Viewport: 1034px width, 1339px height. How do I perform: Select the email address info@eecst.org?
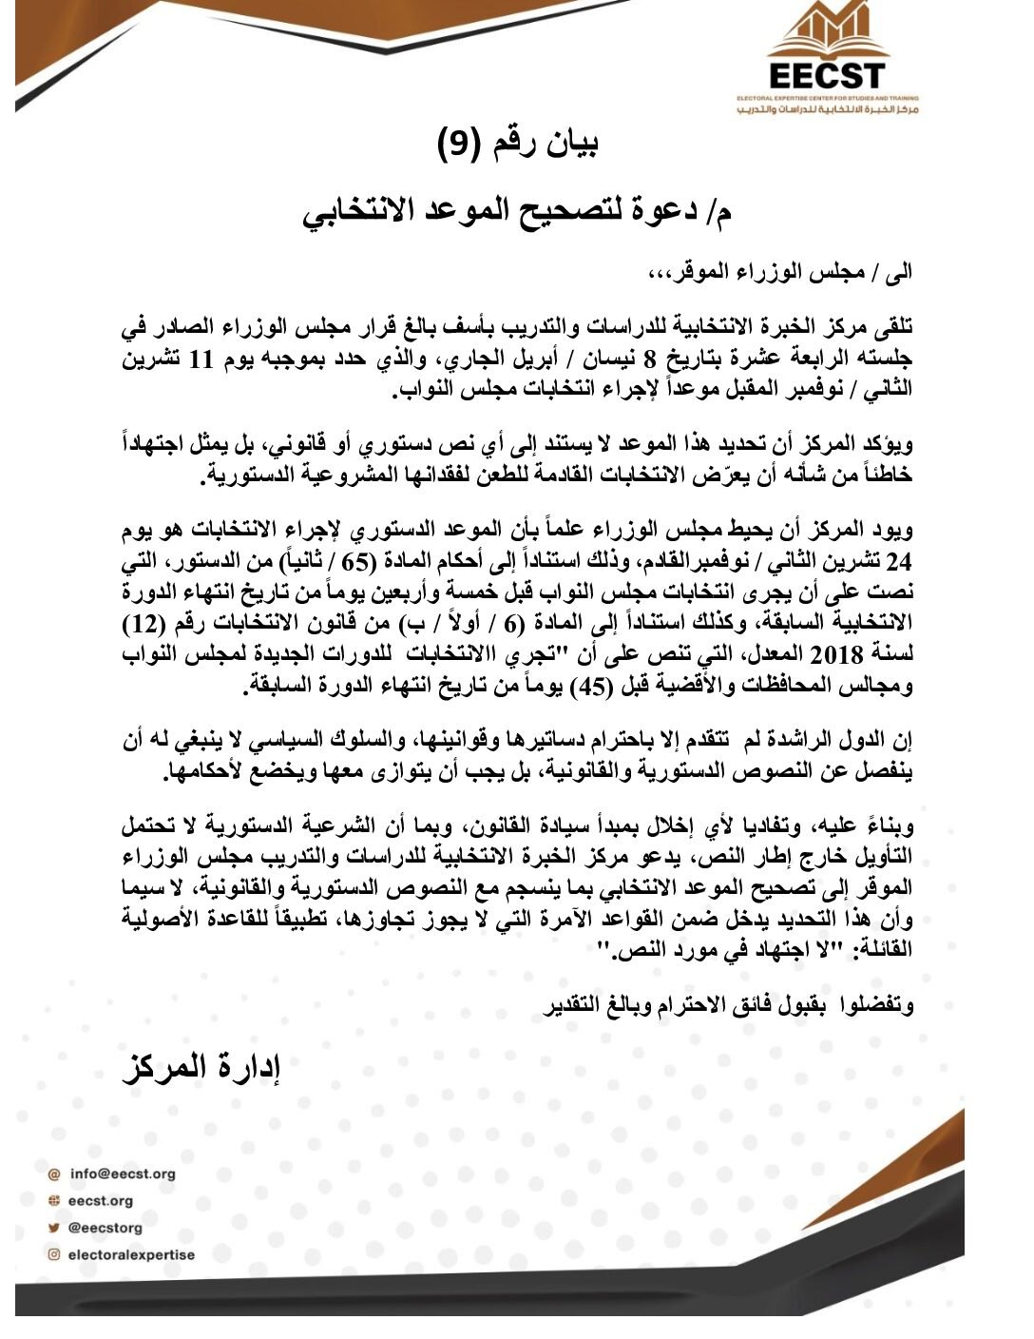[x=123, y=1174]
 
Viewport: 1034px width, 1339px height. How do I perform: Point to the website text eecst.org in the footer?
[x=101, y=1200]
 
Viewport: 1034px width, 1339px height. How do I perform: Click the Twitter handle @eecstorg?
[x=105, y=1227]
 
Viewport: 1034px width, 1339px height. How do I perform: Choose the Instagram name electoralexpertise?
[x=131, y=1254]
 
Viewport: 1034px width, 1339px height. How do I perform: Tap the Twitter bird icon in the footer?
[x=54, y=1227]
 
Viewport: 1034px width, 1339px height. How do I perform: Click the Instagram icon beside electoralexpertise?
[x=54, y=1254]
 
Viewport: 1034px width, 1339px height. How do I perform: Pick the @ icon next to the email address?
[x=54, y=1174]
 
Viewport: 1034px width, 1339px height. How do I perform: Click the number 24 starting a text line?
[x=896, y=562]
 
